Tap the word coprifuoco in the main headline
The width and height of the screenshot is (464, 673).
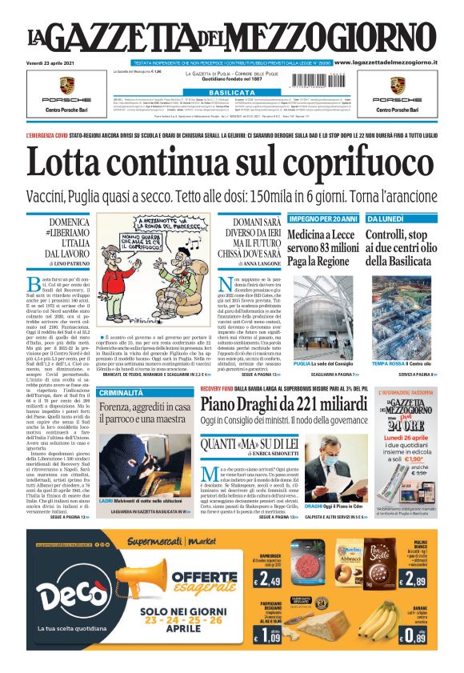click(x=343, y=164)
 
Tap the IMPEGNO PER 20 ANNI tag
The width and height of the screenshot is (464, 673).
click(x=322, y=218)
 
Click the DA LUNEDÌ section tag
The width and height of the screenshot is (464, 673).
click(x=383, y=218)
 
